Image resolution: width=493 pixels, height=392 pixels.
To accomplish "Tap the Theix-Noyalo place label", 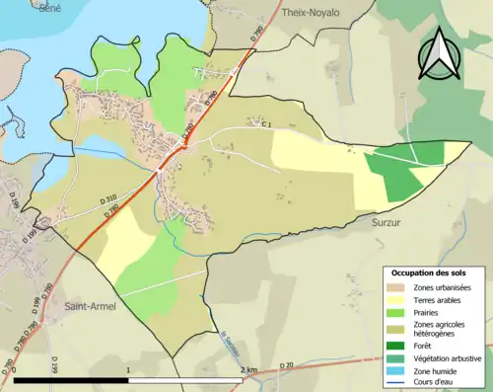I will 310,13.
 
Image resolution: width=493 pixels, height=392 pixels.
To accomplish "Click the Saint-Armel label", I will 91,306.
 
